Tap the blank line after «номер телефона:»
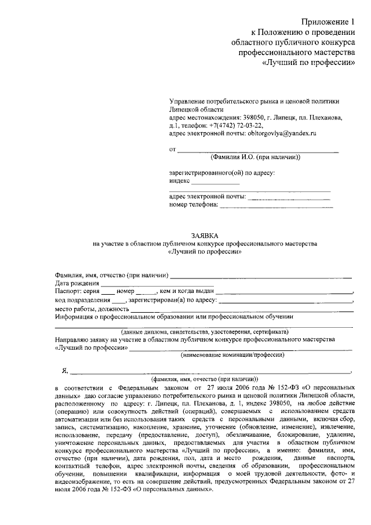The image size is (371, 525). tap(277, 205)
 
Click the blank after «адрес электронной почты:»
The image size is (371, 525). tap(283, 197)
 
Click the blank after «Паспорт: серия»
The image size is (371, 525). tap(107, 291)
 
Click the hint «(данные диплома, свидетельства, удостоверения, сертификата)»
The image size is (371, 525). tap(203, 331)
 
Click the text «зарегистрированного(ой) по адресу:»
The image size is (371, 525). tap(221, 173)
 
